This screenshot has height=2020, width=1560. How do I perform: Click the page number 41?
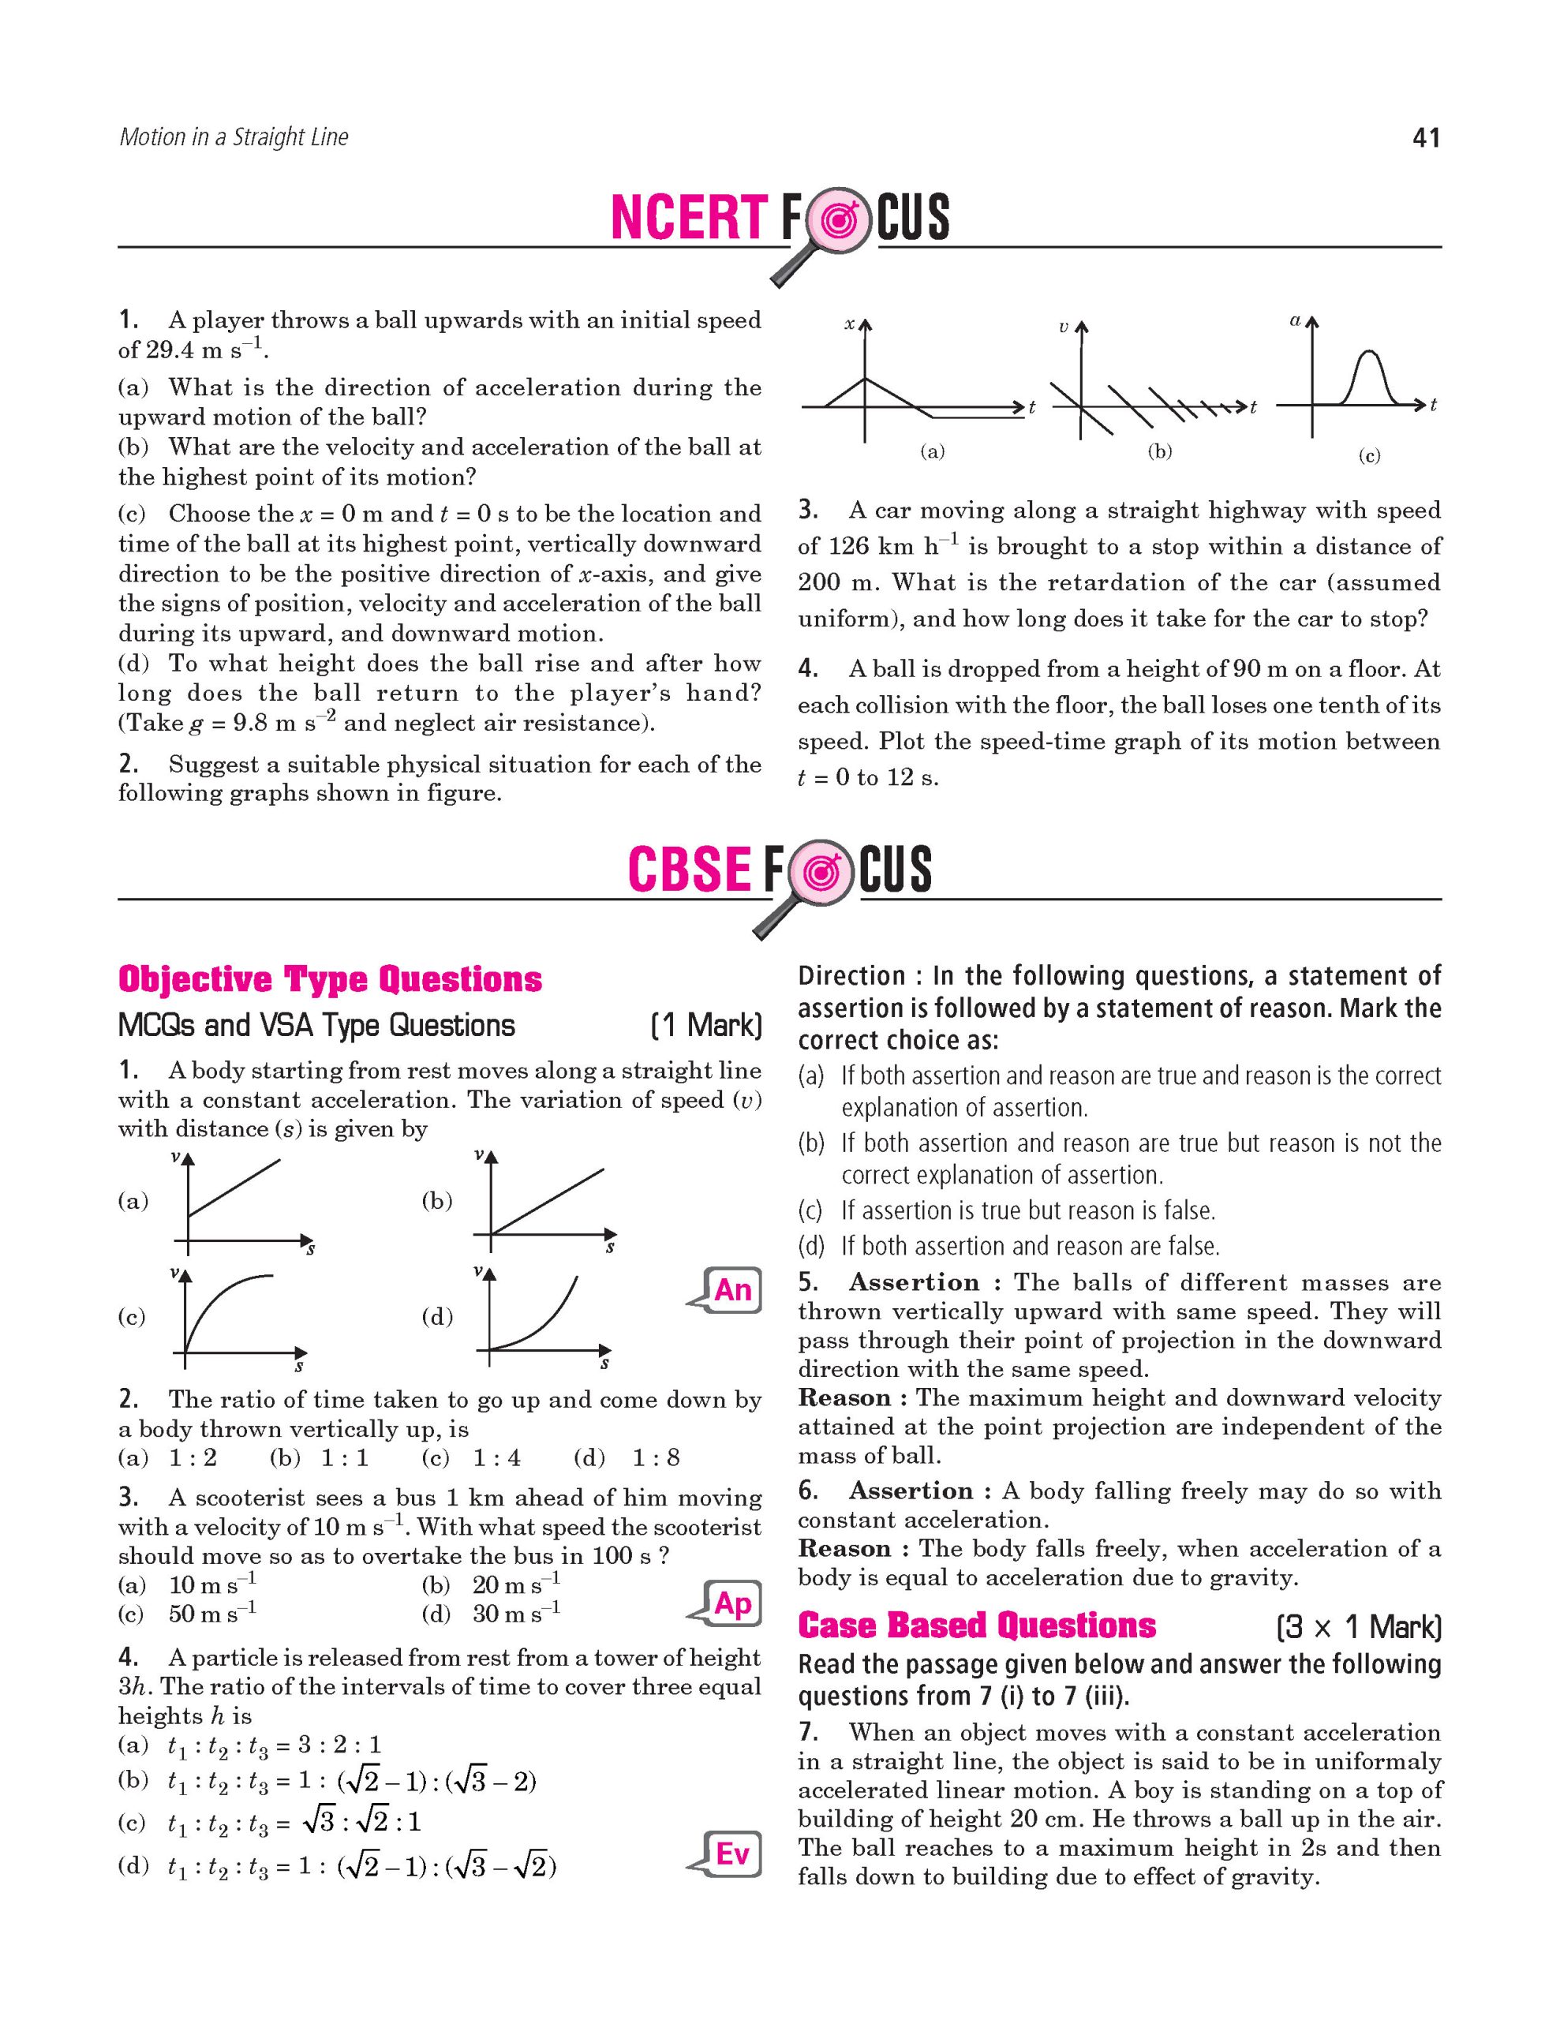click(x=1426, y=139)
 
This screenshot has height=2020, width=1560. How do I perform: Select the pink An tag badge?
click(x=732, y=1289)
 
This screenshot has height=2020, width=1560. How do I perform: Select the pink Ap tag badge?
click(x=732, y=1603)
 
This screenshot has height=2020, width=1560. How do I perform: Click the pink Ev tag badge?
click(x=732, y=1853)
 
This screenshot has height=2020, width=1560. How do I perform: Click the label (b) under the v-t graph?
click(x=1160, y=451)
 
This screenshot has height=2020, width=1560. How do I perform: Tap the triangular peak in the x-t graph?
click(x=865, y=380)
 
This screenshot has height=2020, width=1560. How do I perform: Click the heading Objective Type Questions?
click(x=330, y=979)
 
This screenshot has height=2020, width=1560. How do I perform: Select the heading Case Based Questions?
click(x=977, y=1625)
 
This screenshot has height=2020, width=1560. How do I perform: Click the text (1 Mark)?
click(x=706, y=1026)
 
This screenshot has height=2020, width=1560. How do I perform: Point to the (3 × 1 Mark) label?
click(x=1357, y=1627)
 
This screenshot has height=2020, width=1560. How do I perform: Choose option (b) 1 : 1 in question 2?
click(x=319, y=1458)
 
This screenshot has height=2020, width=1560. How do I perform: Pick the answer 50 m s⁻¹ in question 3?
click(x=211, y=1613)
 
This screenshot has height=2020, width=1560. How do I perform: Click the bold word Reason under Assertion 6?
click(x=844, y=1549)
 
